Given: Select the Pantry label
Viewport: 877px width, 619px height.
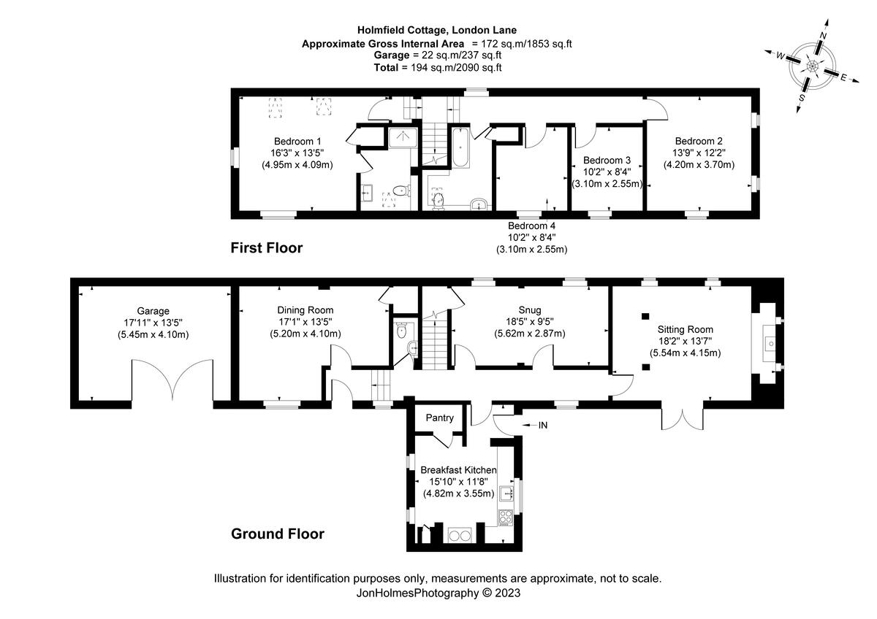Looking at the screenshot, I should coord(440,418).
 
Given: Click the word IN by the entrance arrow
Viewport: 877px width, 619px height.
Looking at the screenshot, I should coord(542,424).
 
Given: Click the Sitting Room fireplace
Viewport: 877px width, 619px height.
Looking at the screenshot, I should coord(768,342).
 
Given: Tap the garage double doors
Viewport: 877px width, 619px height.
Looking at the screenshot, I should coord(173,380).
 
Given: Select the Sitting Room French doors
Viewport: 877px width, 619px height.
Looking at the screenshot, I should coord(683,416).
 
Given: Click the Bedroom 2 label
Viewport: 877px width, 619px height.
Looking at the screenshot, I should coord(699,141).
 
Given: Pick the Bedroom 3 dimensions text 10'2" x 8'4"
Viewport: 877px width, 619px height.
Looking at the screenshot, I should coord(607,172).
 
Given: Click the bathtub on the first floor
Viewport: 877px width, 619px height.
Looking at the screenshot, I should coord(461,149).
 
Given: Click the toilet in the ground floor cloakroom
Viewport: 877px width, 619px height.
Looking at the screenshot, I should coord(401,330).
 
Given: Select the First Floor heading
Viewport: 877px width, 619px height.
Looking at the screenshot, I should coord(266,248).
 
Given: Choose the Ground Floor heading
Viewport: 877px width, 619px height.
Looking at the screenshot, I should coord(278,534).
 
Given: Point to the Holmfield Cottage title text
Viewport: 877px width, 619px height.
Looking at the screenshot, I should coord(437,30).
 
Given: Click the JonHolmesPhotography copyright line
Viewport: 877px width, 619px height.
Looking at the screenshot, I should coord(437,593).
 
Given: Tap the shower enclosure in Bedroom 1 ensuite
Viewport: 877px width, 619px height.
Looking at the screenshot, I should coord(401,137).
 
